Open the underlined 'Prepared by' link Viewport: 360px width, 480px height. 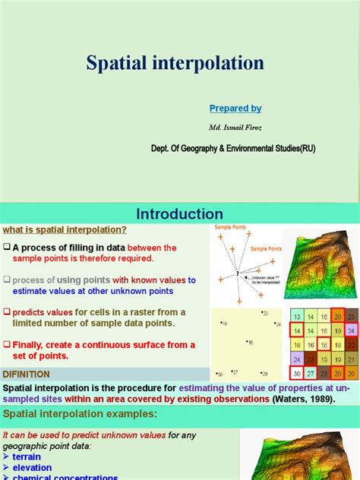point(235,109)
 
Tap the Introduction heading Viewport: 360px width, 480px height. point(179,214)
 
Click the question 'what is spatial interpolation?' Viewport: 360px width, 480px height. point(65,231)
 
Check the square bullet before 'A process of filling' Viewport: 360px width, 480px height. point(6,248)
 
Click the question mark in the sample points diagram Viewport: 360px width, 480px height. point(238,272)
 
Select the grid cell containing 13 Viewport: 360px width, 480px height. point(298,317)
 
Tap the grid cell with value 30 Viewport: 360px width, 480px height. point(298,373)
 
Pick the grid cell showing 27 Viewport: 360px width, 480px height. point(311,373)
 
